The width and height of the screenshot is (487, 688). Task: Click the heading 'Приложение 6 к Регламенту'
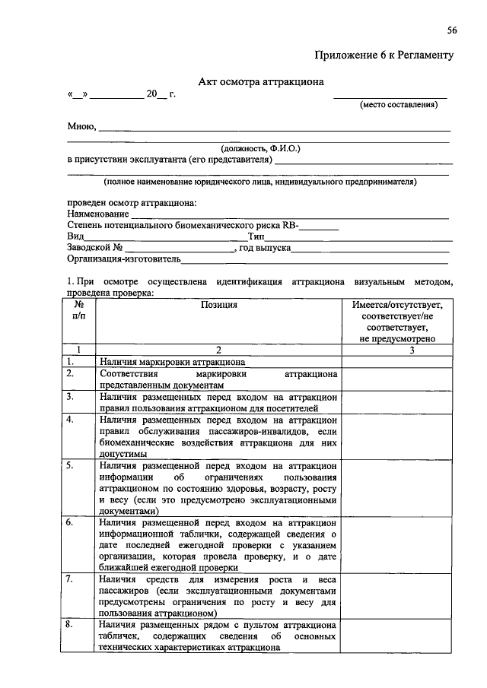(x=384, y=55)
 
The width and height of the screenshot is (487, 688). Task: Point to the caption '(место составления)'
(x=399, y=105)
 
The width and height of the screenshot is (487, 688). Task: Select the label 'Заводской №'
(x=95, y=248)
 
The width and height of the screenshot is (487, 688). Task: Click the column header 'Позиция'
(x=218, y=305)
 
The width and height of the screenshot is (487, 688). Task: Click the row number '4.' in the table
(x=71, y=420)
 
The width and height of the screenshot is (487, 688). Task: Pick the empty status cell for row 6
(x=399, y=545)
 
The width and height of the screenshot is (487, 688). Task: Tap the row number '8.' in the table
(x=71, y=624)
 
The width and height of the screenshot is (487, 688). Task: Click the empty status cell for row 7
(x=399, y=596)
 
